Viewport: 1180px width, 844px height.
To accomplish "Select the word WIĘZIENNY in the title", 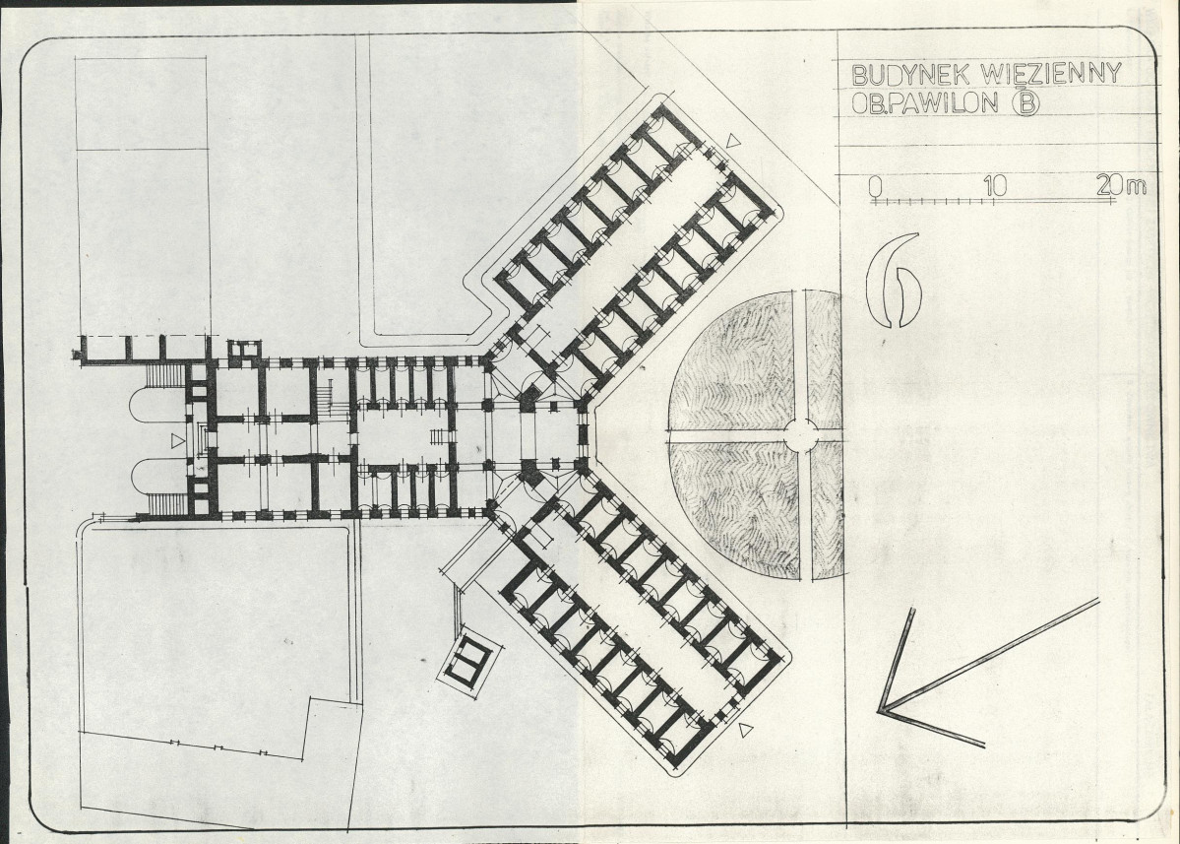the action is pos(1050,73).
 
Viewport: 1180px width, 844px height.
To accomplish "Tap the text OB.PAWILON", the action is pos(925,102).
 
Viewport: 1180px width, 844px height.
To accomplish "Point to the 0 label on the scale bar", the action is pos(875,186).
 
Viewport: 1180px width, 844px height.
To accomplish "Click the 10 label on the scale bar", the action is pos(995,185).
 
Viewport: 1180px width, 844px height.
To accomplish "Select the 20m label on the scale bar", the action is pos(1121,184).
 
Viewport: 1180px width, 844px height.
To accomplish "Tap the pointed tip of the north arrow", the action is pos(879,710).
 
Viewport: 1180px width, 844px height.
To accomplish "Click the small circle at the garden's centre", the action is pos(801,435).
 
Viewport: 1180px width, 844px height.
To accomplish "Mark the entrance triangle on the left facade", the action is pos(177,441).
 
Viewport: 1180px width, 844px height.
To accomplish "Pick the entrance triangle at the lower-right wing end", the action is pos(745,729).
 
